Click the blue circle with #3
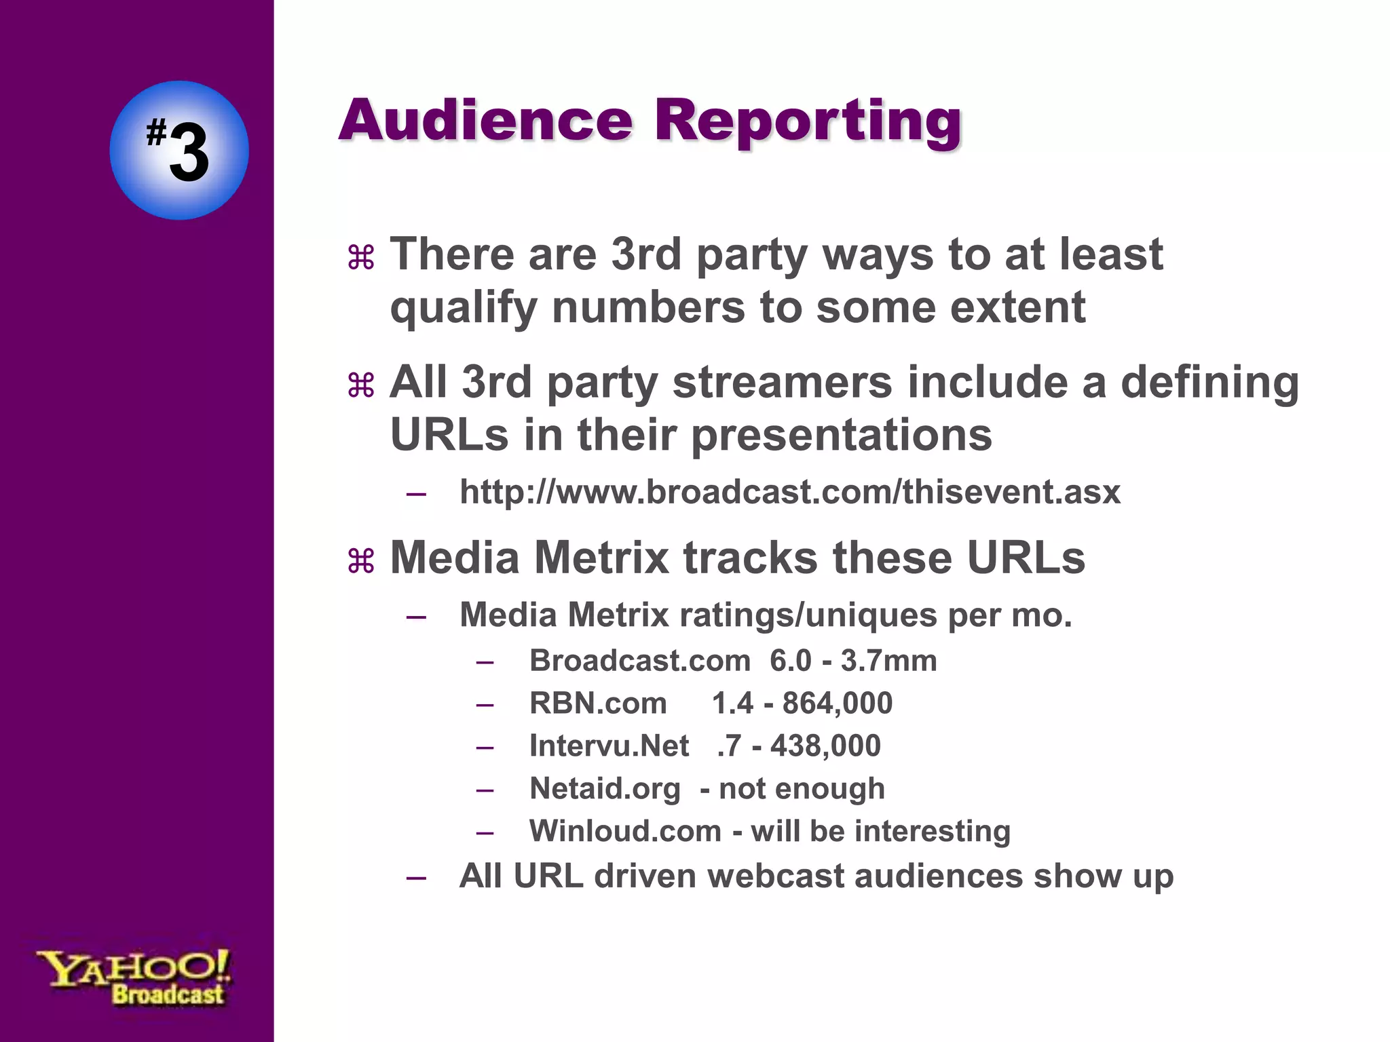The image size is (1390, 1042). tap(179, 150)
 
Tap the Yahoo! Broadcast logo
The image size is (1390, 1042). tap(134, 977)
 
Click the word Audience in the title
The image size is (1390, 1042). tap(485, 120)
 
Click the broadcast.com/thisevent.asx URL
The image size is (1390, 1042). tap(789, 492)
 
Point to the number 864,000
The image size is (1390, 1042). tap(837, 703)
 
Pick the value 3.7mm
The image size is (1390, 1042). tap(888, 660)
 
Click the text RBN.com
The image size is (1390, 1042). tap(598, 703)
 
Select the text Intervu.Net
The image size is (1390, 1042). tap(609, 746)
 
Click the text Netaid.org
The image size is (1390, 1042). tap(605, 788)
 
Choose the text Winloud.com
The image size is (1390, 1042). tap(625, 831)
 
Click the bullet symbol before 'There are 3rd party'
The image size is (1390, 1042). tap(361, 258)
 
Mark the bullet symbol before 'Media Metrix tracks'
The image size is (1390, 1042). tap(361, 561)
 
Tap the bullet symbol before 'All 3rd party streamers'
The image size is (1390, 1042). tap(361, 385)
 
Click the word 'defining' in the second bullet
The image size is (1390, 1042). tap(1209, 383)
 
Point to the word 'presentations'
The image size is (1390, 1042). tap(842, 435)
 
